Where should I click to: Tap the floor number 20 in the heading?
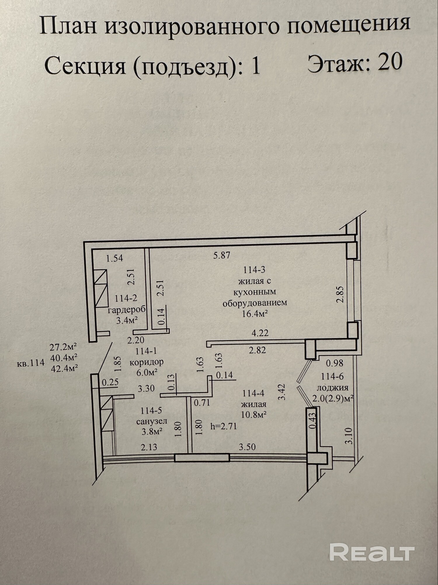[x=390, y=62]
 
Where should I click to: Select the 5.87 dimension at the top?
[x=222, y=255]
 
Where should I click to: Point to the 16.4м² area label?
[x=255, y=314]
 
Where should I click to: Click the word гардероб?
[x=127, y=310]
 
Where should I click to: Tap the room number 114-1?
[x=146, y=351]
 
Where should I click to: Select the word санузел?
[x=152, y=421]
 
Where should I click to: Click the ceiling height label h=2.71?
[x=224, y=426]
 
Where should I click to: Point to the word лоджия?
[x=333, y=388]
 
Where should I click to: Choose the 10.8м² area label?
[x=253, y=414]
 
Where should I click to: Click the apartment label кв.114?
[x=31, y=363]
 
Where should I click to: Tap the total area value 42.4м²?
[x=64, y=368]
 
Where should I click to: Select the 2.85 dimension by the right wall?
[x=340, y=294]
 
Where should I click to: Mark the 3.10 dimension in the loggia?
[x=349, y=436]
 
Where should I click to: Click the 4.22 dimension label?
[x=260, y=333]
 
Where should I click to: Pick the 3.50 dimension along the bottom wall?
[x=247, y=447]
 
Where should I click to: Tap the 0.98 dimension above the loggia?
[x=335, y=363]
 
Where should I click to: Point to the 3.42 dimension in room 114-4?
[x=281, y=392]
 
